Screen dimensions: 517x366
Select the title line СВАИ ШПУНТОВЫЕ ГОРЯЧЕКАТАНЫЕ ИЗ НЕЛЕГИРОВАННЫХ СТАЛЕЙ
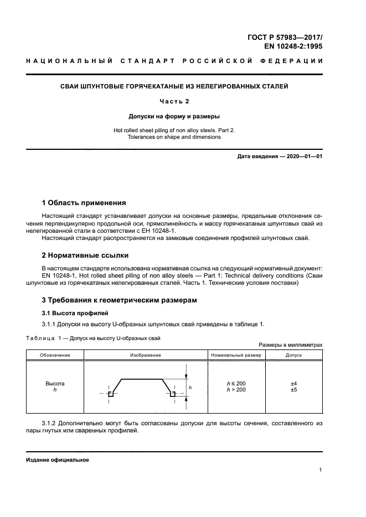point(174,86)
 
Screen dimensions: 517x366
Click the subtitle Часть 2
point(174,101)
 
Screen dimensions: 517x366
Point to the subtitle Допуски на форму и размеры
point(174,116)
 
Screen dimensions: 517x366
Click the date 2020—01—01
point(303,156)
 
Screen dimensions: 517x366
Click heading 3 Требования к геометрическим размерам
point(119,300)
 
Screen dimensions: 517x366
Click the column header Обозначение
point(54,354)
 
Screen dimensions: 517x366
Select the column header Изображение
point(145,354)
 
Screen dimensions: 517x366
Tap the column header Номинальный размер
point(236,354)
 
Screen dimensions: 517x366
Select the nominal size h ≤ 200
point(236,383)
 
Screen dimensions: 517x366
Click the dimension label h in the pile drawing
point(190,388)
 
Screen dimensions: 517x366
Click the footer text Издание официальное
point(58,460)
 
